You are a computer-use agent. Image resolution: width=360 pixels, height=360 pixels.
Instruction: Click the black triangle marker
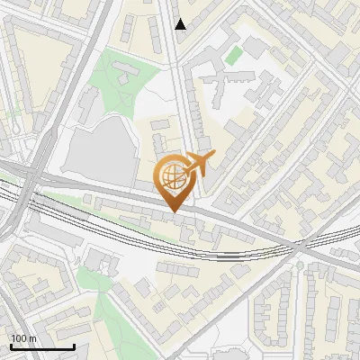[x=181, y=24]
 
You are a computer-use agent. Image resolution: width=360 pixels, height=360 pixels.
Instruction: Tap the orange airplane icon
[x=200, y=163]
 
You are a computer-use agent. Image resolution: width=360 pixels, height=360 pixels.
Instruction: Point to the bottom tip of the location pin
[x=171, y=212]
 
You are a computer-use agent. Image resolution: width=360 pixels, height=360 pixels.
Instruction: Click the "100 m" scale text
[x=24, y=337]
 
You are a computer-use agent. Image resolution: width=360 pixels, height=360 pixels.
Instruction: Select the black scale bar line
[x=41, y=346]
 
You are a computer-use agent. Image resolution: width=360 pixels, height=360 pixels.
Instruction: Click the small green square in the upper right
[x=234, y=56]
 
